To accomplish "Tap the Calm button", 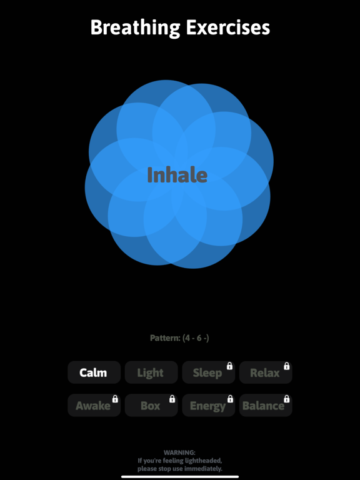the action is click(x=94, y=372).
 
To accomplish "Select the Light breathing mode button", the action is click(x=151, y=372).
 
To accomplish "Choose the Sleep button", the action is click(x=209, y=372).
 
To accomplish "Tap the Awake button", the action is click(x=94, y=405).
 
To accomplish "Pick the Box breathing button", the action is click(x=151, y=405).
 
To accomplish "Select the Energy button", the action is click(x=209, y=405).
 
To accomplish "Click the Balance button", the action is click(x=266, y=405).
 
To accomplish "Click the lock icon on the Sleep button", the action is click(x=229, y=366).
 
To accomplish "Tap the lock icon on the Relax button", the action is click(x=286, y=366).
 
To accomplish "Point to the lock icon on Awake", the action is click(x=115, y=399).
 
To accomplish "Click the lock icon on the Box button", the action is click(x=172, y=399).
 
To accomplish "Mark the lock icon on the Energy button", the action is click(x=230, y=399).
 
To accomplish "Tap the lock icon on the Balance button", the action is click(x=286, y=399).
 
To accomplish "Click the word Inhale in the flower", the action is click(x=177, y=174).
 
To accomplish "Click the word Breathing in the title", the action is click(x=135, y=28).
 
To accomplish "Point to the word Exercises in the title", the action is click(x=228, y=27).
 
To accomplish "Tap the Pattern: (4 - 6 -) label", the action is click(x=180, y=338).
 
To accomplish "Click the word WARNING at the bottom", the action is click(x=180, y=452).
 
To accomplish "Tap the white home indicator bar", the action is click(x=180, y=476).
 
